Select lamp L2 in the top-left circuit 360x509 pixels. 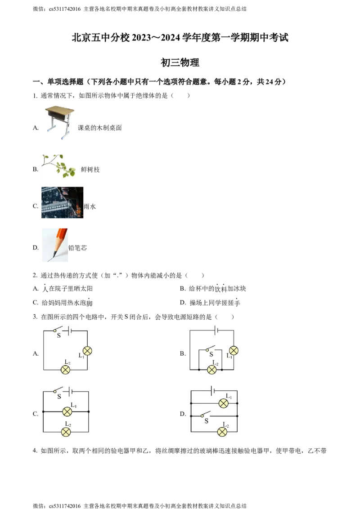[66, 370]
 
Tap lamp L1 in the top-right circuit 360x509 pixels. [233, 351]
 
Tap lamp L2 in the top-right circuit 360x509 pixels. [211, 370]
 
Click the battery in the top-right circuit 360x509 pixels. [216, 331]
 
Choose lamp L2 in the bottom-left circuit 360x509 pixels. [66, 432]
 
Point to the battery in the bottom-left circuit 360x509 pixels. [69, 392]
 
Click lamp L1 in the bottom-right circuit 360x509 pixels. [223, 403]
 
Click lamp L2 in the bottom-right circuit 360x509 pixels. [222, 432]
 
